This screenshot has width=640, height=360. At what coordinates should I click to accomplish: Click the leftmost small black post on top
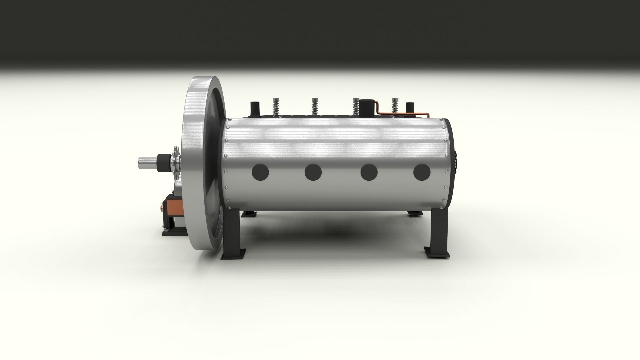pyautogui.click(x=255, y=108)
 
